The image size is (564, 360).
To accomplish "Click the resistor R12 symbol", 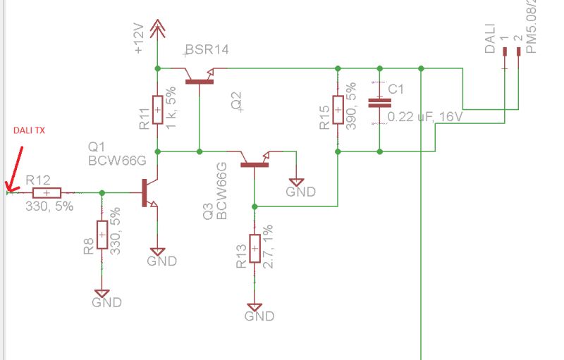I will point(47,192).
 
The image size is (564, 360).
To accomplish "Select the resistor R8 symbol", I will point(102,234).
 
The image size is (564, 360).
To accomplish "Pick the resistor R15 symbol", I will point(338,110).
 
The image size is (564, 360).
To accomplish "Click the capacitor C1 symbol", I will point(379,103).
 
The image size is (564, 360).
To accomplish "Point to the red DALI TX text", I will point(29,132).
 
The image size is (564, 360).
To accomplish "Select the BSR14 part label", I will point(207,49).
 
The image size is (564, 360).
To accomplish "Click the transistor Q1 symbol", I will point(149,192).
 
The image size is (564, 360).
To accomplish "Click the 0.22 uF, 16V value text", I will point(425,117).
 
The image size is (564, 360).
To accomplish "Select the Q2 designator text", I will point(235,102).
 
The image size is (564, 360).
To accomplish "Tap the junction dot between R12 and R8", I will point(102,192).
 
